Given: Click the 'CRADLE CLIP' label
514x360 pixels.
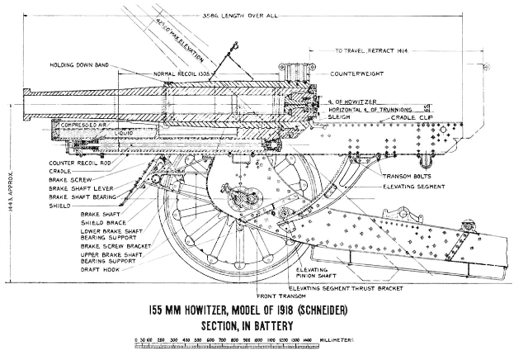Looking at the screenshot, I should click(418, 118).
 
